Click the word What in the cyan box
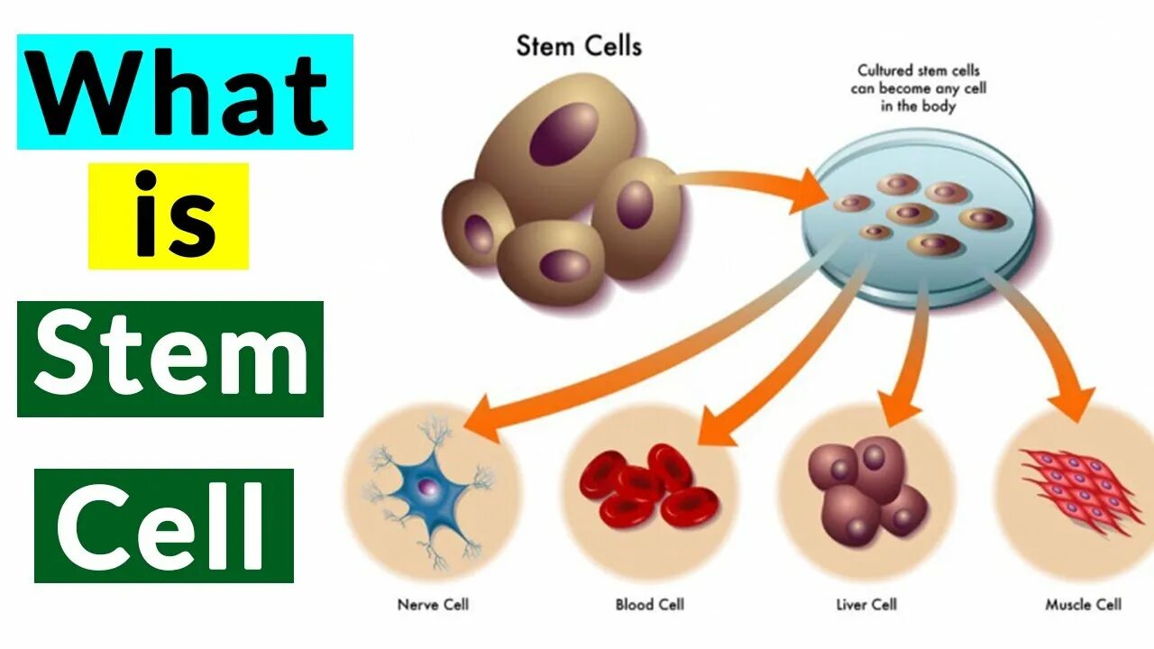(184, 93)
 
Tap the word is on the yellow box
(169, 216)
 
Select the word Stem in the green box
(170, 359)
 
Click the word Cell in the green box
(163, 526)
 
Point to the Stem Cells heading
(579, 45)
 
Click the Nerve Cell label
(433, 604)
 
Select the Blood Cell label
(650, 604)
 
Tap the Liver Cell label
(865, 604)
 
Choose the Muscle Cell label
(1083, 604)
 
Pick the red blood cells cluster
(648, 485)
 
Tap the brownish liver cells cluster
(865, 487)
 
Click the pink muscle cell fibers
(1073, 491)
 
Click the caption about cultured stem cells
(919, 87)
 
